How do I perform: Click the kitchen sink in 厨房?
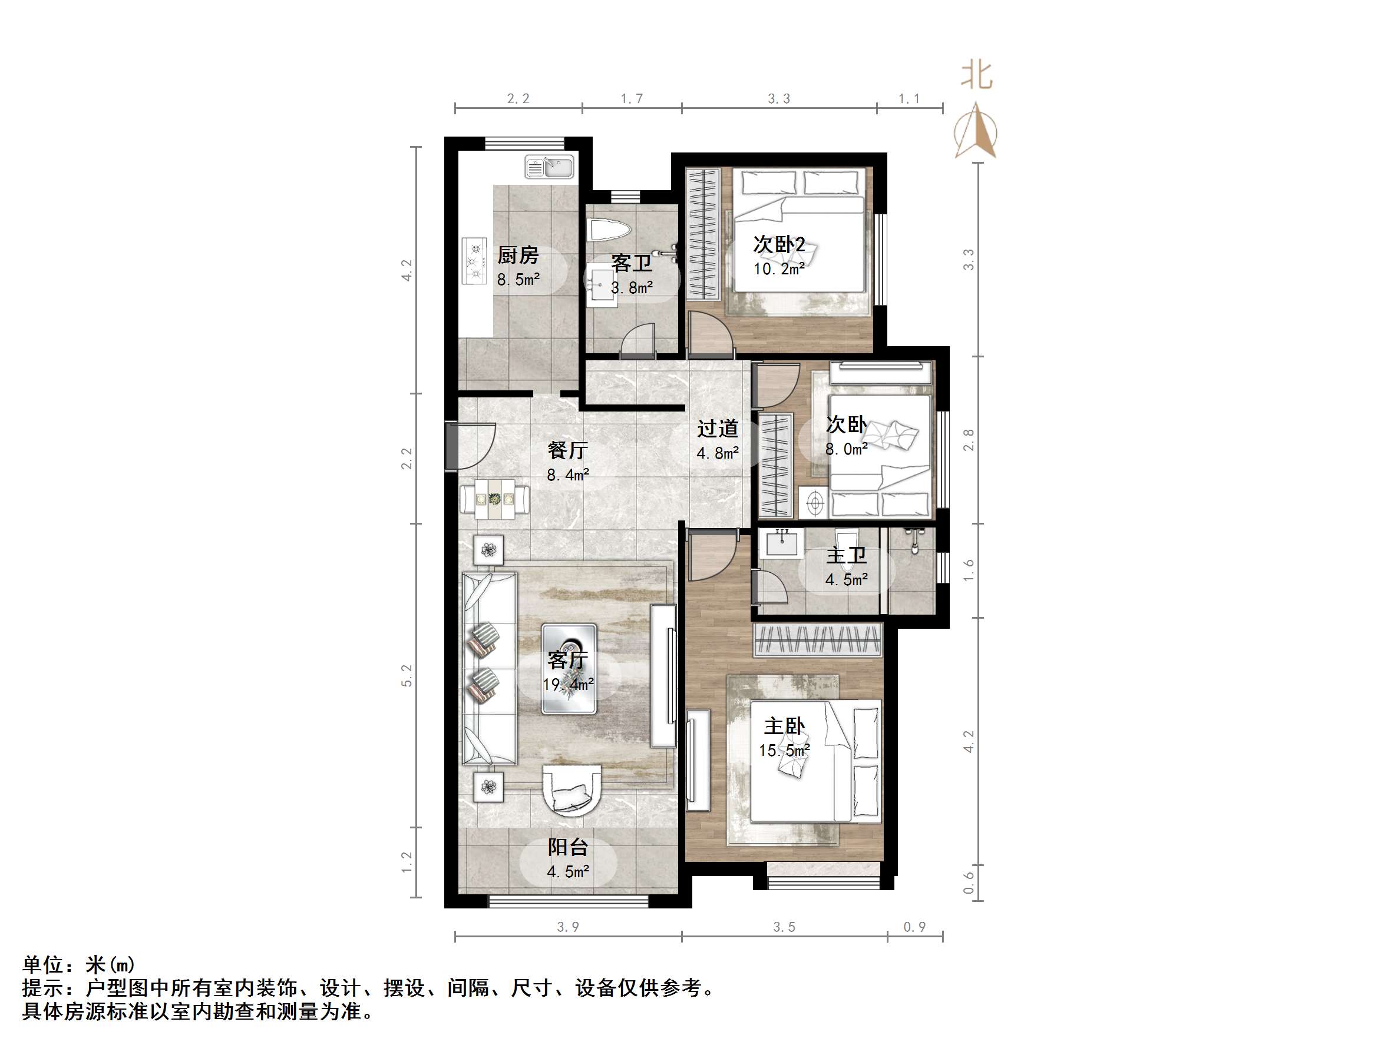click(x=549, y=168)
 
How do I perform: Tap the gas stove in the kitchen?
click(x=474, y=260)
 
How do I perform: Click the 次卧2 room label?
click(x=779, y=244)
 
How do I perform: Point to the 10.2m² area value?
click(x=779, y=269)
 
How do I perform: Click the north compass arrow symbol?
click(x=976, y=131)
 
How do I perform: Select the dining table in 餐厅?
click(x=495, y=499)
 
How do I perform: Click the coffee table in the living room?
click(x=569, y=668)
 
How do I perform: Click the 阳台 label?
click(x=568, y=847)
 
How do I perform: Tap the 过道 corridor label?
click(x=717, y=429)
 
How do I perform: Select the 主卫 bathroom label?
click(x=846, y=556)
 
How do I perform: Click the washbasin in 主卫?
click(x=782, y=543)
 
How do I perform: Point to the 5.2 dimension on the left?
click(x=407, y=675)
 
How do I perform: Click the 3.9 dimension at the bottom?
click(x=568, y=927)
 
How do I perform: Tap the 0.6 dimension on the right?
click(x=969, y=883)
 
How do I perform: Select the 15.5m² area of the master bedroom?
click(x=784, y=751)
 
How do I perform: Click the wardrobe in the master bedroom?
click(x=817, y=641)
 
